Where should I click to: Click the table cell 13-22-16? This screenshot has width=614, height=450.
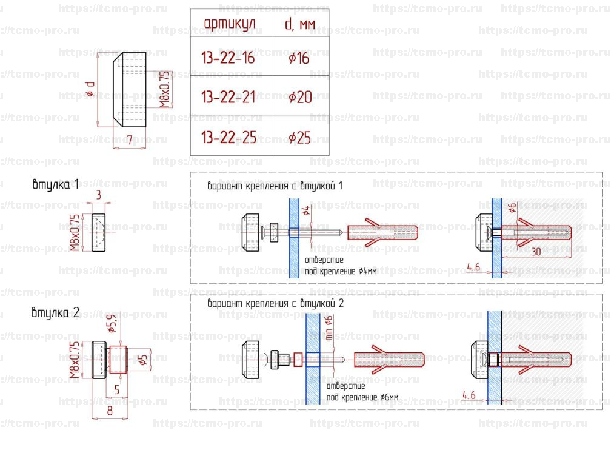(228, 58)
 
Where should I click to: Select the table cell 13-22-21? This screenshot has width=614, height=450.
(228, 97)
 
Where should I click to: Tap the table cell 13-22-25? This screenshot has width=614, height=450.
(228, 138)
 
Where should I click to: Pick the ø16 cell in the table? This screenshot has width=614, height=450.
(299, 58)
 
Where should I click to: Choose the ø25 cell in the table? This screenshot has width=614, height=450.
(299, 138)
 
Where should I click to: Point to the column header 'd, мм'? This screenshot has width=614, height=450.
(299, 24)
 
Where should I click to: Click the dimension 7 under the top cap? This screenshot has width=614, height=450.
(129, 140)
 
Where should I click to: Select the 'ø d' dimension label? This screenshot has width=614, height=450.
(89, 89)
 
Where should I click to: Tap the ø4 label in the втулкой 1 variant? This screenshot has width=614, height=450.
(306, 212)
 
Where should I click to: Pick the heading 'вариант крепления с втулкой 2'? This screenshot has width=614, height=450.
(275, 303)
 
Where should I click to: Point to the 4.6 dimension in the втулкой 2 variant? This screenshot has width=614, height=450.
(468, 395)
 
